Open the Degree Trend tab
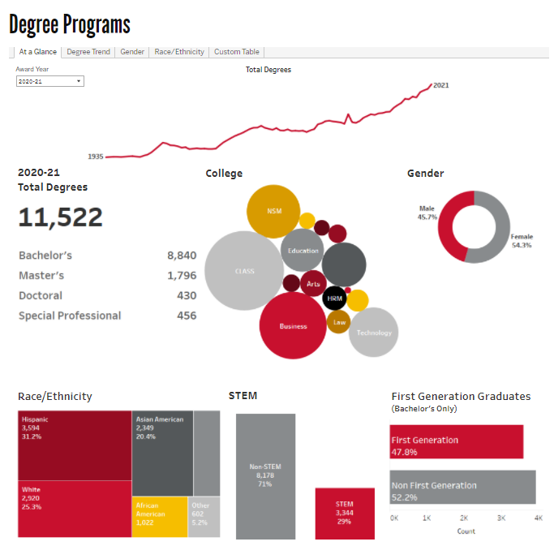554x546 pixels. coord(88,52)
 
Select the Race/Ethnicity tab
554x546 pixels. coord(178,52)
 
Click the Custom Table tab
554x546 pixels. coord(236,52)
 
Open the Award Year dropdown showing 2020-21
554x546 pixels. coord(50,81)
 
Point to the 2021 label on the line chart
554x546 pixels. coord(441,85)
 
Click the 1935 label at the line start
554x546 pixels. coord(96,157)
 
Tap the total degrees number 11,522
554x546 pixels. coord(61,217)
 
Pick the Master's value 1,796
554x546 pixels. coord(182,276)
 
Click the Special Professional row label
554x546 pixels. coord(70,316)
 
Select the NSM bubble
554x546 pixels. coord(273,212)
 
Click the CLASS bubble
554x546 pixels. coord(244,271)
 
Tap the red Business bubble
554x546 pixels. coord(293,326)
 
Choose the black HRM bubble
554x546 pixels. coord(334,299)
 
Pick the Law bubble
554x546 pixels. coord(340,322)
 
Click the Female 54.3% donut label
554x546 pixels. coord(522,241)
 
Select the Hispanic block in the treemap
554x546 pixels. coord(75,445)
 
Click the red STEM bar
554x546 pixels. coord(345,514)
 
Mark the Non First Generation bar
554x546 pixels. coord(462,486)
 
